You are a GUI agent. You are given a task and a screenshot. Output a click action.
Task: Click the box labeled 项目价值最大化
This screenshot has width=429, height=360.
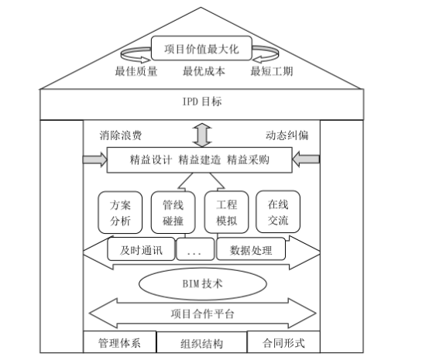pos(202,50)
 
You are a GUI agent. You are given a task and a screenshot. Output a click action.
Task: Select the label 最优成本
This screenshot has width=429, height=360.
pos(202,73)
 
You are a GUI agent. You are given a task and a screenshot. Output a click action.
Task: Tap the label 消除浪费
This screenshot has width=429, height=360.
pos(121,135)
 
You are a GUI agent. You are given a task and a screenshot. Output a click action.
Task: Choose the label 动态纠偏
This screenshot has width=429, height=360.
pos(287,135)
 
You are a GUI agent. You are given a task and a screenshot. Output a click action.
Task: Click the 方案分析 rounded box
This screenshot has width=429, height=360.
pos(121,213)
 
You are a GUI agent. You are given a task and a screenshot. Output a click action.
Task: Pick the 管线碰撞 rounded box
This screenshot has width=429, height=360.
pos(172,213)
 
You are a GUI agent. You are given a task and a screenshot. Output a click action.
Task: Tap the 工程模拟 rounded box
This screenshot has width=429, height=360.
pos(226,213)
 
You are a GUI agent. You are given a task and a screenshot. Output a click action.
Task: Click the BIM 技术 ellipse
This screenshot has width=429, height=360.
pos(203,283)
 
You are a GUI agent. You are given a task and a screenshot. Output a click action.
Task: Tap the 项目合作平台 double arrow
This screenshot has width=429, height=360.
pos(202,314)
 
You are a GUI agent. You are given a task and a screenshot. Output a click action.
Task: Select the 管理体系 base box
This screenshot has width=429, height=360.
pos(119,342)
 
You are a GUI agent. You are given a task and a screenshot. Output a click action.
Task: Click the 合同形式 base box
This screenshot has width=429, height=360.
pos(283,342)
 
